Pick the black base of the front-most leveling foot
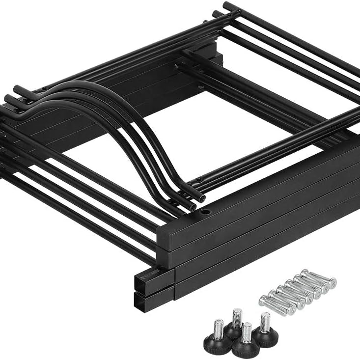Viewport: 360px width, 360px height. [245, 350]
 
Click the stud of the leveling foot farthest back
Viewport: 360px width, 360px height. [237, 316]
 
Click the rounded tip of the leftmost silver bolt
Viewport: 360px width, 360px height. [262, 299]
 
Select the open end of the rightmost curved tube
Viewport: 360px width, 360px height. [201, 196]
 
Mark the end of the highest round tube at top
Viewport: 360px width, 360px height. [226, 5]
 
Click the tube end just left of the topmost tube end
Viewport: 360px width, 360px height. [216, 13]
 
